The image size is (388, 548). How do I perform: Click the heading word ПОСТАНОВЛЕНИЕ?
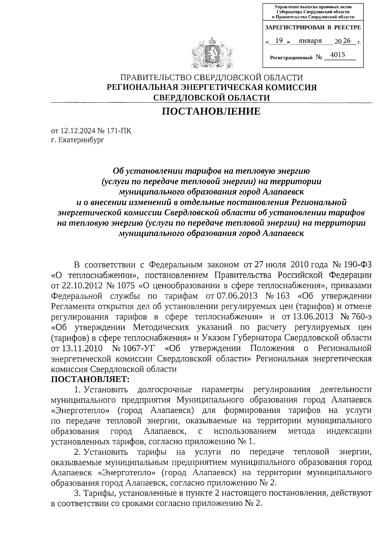(x=211, y=111)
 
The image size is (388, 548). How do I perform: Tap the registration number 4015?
(x=338, y=55)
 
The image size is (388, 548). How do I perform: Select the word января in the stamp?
(x=310, y=41)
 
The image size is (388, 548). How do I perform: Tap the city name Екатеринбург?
(x=82, y=140)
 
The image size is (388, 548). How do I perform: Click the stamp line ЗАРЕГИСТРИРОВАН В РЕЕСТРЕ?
(x=313, y=28)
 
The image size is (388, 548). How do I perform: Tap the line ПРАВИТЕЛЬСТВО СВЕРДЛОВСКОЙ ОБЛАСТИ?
(x=211, y=78)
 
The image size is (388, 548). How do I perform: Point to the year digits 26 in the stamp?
(x=347, y=41)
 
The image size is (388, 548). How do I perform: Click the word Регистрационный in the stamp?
(x=291, y=58)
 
